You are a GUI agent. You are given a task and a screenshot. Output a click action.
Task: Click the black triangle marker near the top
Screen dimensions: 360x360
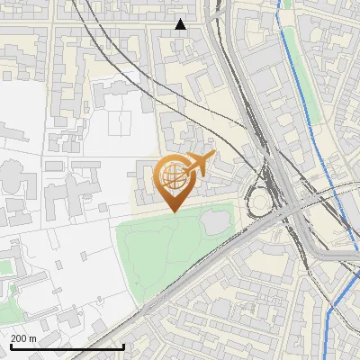pyautogui.click(x=181, y=24)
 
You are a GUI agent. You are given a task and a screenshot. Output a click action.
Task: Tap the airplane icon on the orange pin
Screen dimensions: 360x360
pyautogui.click(x=198, y=164)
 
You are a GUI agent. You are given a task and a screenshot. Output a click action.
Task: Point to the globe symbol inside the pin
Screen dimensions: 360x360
pyautogui.click(x=172, y=175)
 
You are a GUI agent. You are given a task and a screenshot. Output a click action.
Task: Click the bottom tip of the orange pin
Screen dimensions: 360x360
pyautogui.click(x=174, y=211)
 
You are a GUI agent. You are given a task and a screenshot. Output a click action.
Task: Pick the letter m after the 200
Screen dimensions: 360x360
pyautogui.click(x=33, y=338)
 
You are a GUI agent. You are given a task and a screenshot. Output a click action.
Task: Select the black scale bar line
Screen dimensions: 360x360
pyautogui.click(x=67, y=346)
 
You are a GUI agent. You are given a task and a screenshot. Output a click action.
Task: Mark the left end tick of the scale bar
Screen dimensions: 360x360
pyautogui.click(x=10, y=346)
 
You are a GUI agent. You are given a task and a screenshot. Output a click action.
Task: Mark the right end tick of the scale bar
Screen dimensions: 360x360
pyautogui.click(x=123, y=346)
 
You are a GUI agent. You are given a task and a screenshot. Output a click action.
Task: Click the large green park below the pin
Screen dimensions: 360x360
pyautogui.click(x=162, y=252)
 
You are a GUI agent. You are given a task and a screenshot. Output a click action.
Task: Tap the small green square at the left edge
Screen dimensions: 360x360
pyautogui.click(x=5, y=266)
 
